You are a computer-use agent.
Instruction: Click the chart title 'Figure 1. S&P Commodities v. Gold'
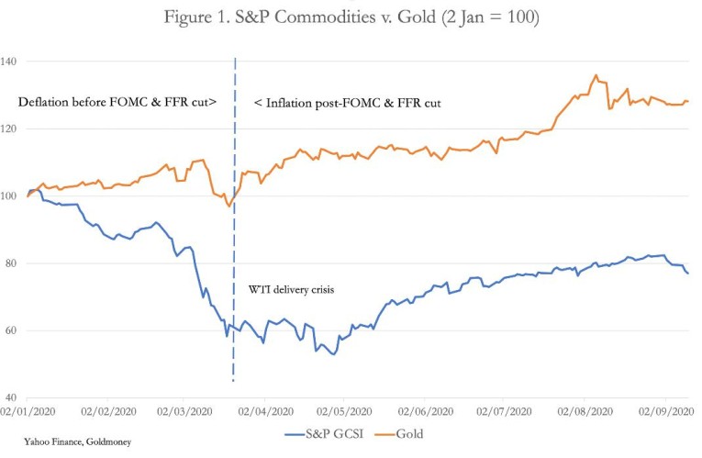[351, 17]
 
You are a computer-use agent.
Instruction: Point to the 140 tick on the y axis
[12, 61]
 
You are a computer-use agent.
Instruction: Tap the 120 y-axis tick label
[12, 128]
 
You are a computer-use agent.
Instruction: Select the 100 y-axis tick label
[12, 195]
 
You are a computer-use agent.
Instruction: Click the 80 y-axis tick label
[12, 263]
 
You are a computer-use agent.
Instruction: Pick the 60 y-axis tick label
[12, 330]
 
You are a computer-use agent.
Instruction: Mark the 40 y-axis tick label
[12, 397]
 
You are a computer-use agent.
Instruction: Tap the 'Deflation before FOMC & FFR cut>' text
[117, 103]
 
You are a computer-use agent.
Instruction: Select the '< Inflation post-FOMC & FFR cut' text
[348, 103]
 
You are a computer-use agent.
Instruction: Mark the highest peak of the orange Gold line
[596, 75]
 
